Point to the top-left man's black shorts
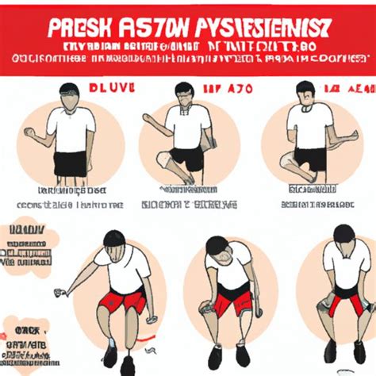71,163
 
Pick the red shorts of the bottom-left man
123,301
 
